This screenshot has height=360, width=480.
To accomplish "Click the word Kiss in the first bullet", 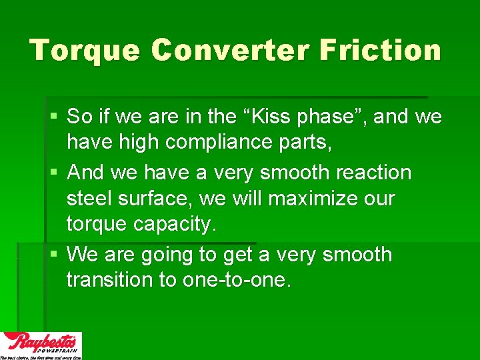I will pyautogui.click(x=279, y=117).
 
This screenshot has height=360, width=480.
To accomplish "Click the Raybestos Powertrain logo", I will pyautogui.click(x=41, y=345).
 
